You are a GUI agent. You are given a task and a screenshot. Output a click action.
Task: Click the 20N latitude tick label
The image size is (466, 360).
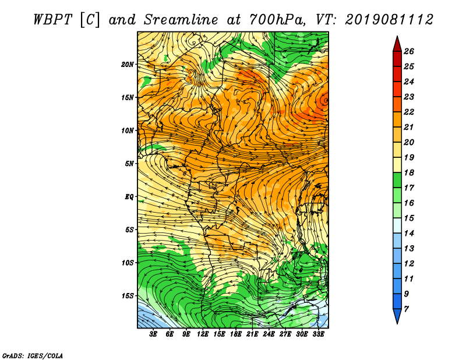click(128, 65)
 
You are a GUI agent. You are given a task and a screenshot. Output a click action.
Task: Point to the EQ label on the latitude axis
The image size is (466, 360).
click(129, 197)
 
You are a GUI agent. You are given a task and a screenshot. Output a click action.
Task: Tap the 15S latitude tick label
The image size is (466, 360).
click(128, 296)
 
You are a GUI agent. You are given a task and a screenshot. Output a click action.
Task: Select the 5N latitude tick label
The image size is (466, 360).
click(129, 164)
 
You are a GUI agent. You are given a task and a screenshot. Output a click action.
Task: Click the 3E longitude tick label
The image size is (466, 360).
click(153, 334)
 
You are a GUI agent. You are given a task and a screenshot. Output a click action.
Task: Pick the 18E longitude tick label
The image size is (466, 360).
click(236, 334)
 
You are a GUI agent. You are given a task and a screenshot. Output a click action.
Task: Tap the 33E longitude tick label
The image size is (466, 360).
click(318, 334)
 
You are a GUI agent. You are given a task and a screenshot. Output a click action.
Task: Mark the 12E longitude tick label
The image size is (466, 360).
click(203, 334)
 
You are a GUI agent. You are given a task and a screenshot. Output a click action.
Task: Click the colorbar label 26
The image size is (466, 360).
click(409, 51)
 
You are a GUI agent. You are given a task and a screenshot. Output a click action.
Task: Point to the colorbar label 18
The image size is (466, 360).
click(409, 172)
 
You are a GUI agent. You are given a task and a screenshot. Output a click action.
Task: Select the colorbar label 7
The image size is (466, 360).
click(406, 309)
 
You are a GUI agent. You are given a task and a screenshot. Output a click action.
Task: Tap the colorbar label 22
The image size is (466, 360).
click(409, 112)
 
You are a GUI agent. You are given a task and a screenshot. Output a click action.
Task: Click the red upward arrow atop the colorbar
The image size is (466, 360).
click(397, 44)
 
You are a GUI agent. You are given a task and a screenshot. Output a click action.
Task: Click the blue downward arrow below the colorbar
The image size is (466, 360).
click(397, 316)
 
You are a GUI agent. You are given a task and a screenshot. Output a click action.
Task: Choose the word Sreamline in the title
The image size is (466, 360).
click(181, 20)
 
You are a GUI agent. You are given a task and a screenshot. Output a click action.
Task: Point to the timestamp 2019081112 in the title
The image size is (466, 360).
click(389, 20)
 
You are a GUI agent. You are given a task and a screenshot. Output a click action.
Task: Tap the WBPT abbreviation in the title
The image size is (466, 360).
click(52, 20)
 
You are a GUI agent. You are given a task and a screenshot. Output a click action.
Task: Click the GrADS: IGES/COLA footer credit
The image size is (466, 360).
click(33, 355)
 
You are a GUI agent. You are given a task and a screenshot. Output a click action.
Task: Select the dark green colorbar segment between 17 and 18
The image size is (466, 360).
click(397, 180)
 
